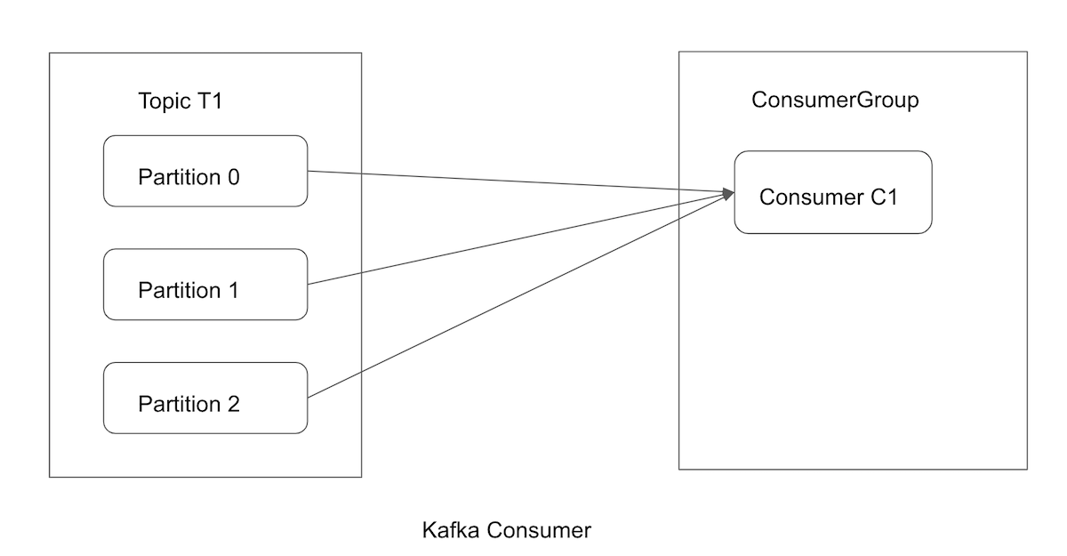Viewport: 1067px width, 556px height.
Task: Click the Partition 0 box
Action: (205, 171)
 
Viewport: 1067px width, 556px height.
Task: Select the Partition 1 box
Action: (205, 285)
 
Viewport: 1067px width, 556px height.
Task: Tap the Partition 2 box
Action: (205, 398)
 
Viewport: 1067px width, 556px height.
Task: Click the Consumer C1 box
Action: (832, 192)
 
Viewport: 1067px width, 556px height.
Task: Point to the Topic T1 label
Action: (180, 101)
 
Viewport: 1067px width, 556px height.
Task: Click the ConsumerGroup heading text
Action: (834, 100)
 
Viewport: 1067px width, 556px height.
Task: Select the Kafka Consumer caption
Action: (506, 531)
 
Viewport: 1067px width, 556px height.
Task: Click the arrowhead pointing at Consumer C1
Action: (728, 192)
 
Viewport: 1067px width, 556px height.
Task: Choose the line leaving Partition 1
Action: (516, 238)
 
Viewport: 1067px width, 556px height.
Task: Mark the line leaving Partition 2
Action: (516, 294)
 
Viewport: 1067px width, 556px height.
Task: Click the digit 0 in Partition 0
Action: (233, 177)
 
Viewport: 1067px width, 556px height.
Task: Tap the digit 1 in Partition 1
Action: (233, 290)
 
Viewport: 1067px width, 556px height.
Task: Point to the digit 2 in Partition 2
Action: (233, 404)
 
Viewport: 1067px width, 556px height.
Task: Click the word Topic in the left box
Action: (162, 101)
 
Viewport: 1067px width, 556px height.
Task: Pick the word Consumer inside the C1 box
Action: (808, 197)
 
